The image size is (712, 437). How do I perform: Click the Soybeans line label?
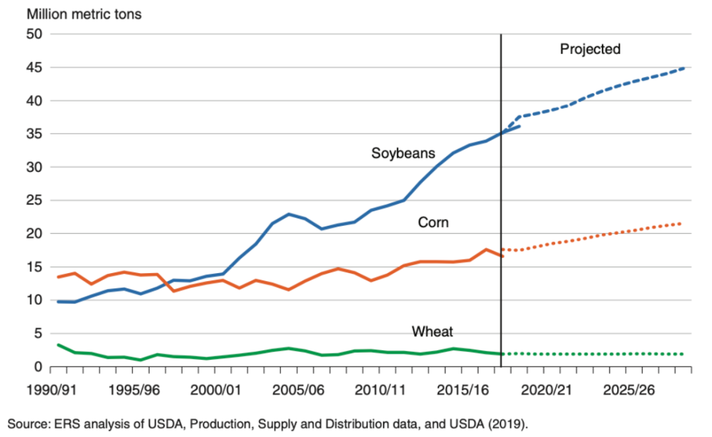tap(403, 153)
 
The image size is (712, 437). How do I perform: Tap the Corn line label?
tap(433, 222)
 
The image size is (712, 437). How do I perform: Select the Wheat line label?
tap(432, 331)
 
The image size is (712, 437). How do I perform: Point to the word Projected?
tap(590, 49)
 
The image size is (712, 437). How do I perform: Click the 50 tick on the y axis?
tap(34, 34)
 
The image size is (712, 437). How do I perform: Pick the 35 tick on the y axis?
tap(34, 134)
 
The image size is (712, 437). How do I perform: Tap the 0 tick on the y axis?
tap(38, 367)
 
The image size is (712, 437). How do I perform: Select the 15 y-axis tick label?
tap(34, 267)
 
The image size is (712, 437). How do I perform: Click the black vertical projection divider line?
tap(502, 197)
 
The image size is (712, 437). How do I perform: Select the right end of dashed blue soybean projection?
tap(684, 68)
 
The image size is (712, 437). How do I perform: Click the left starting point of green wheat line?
tap(59, 345)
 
